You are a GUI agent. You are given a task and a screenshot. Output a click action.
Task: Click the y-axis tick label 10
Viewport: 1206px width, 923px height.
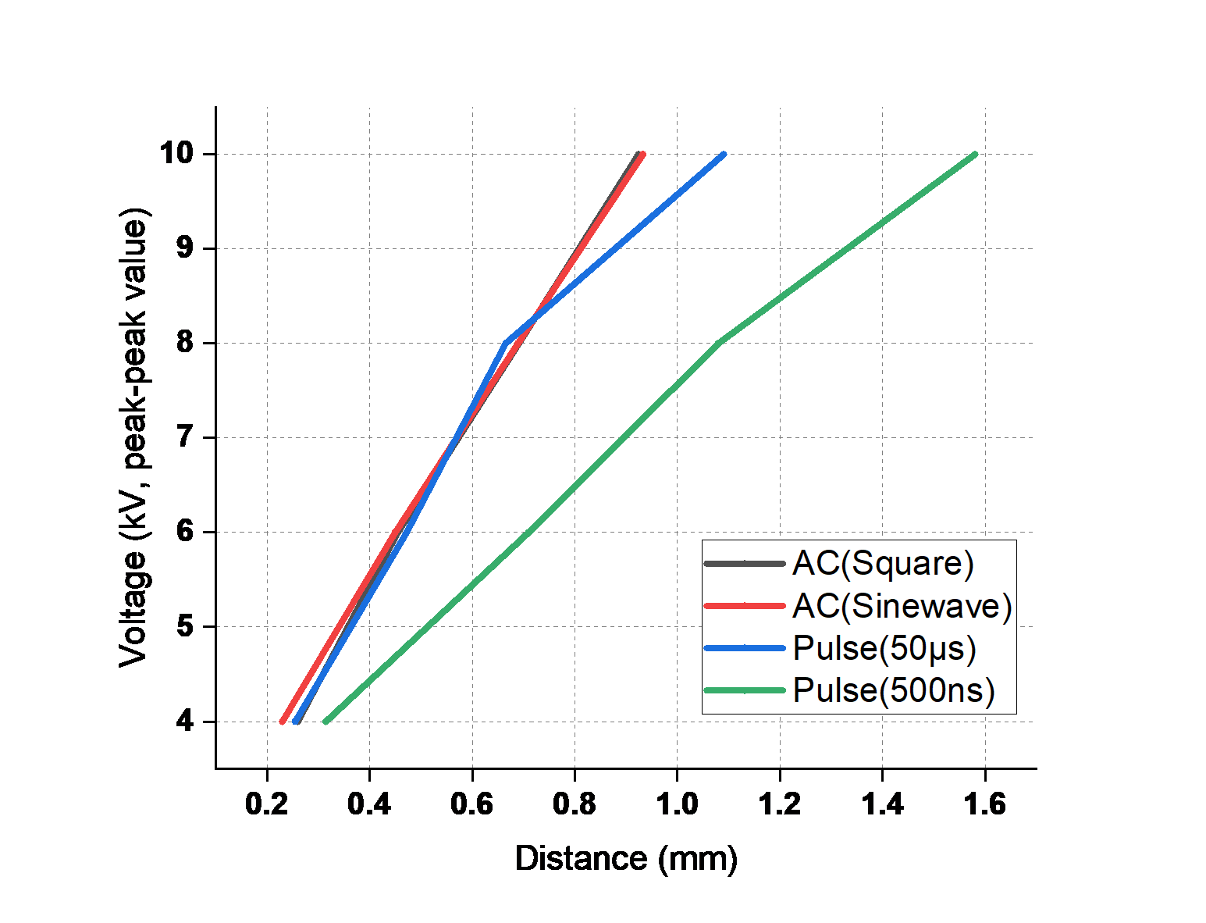(x=177, y=153)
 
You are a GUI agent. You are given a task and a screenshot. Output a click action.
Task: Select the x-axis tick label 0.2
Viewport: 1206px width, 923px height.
(x=266, y=804)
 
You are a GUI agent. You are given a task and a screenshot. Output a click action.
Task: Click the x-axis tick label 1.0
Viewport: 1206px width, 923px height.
(x=677, y=804)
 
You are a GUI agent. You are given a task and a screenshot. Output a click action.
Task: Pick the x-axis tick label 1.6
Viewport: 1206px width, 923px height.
(x=984, y=804)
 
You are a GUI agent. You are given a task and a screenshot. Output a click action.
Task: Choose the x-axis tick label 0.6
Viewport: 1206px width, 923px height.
(x=472, y=804)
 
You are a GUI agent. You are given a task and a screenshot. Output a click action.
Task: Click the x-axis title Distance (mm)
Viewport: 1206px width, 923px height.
(x=626, y=859)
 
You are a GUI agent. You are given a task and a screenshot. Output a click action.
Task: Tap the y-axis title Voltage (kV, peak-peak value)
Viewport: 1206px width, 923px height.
(x=133, y=438)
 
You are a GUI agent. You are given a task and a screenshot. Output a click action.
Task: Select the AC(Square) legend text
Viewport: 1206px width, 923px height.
(x=883, y=564)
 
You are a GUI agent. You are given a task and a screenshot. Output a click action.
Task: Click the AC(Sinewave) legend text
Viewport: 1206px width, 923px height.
(x=902, y=606)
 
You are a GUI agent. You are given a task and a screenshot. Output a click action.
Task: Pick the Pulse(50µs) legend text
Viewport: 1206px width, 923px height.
(x=884, y=648)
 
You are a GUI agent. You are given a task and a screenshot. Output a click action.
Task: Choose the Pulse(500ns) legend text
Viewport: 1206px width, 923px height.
(x=894, y=690)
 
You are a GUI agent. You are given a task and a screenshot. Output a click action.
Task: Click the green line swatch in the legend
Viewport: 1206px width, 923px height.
(x=745, y=690)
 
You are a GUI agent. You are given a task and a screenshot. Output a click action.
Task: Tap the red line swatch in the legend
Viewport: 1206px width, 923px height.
(x=745, y=606)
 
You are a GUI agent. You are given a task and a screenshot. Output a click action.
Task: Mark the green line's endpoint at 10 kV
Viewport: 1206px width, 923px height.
(x=975, y=155)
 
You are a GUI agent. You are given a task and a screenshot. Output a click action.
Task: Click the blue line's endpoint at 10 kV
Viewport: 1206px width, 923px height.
(x=724, y=155)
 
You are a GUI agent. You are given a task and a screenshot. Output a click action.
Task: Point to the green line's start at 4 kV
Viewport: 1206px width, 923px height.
(x=326, y=721)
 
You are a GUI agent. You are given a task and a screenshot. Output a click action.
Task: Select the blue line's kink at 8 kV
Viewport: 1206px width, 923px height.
(x=505, y=344)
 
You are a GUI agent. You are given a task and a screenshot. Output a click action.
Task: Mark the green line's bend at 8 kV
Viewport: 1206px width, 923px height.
(x=719, y=343)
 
